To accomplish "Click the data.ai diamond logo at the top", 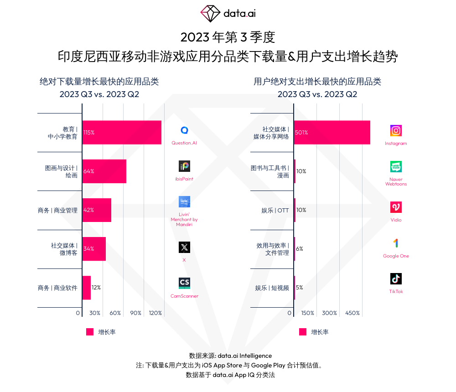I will tap(210, 14).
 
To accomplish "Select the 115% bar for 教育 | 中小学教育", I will tap(122, 133).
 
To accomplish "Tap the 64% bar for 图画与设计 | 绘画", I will tap(104, 171).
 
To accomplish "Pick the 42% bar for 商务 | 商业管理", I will tap(97, 210).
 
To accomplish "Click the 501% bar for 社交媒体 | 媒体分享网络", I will tap(332, 133).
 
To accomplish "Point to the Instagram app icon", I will tap(396, 131).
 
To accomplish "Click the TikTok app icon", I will tap(396, 279).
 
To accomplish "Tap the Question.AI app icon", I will tap(184, 130).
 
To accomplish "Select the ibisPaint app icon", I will tap(184, 166).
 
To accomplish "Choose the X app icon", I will tap(184, 248).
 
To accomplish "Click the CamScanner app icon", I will tap(184, 283).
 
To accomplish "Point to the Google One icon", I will tap(396, 243).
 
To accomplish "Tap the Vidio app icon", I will tap(396, 207).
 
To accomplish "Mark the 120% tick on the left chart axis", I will tap(155, 313).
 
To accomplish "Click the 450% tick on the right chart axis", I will tap(352, 313).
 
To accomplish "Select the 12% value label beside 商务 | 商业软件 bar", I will tap(96, 288).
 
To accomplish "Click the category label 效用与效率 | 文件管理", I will tap(273, 249).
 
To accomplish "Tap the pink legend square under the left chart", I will tap(90, 332).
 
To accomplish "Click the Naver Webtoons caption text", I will tap(396, 181).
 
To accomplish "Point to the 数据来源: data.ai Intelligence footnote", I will tap(230, 356).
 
